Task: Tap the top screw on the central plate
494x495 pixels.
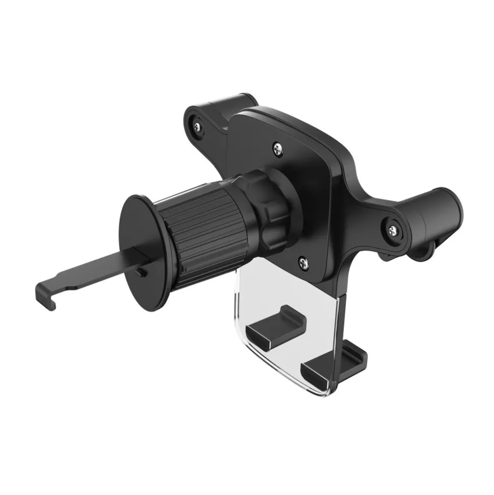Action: tap(277, 148)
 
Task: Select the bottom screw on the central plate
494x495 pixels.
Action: tap(303, 263)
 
